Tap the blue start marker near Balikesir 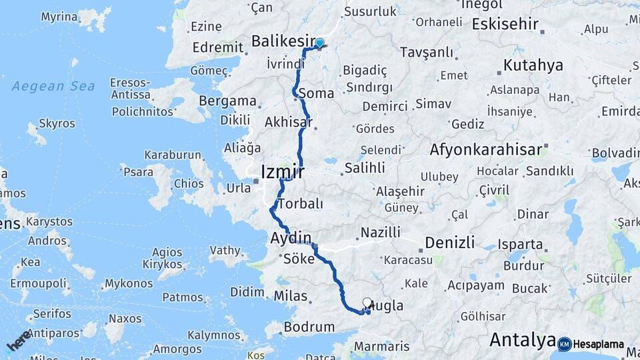pos(319,44)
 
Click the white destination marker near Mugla pos(367,303)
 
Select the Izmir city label pos(283,171)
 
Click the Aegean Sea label pos(53,86)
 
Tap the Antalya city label pos(523,340)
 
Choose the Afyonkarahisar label pos(486,149)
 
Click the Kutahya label pos(533,65)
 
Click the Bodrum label pos(309,327)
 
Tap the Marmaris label pos(382,347)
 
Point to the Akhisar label pos(288,122)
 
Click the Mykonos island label pos(129,284)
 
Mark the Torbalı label pos(300,203)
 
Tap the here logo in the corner pos(18,340)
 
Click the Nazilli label pos(380,233)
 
